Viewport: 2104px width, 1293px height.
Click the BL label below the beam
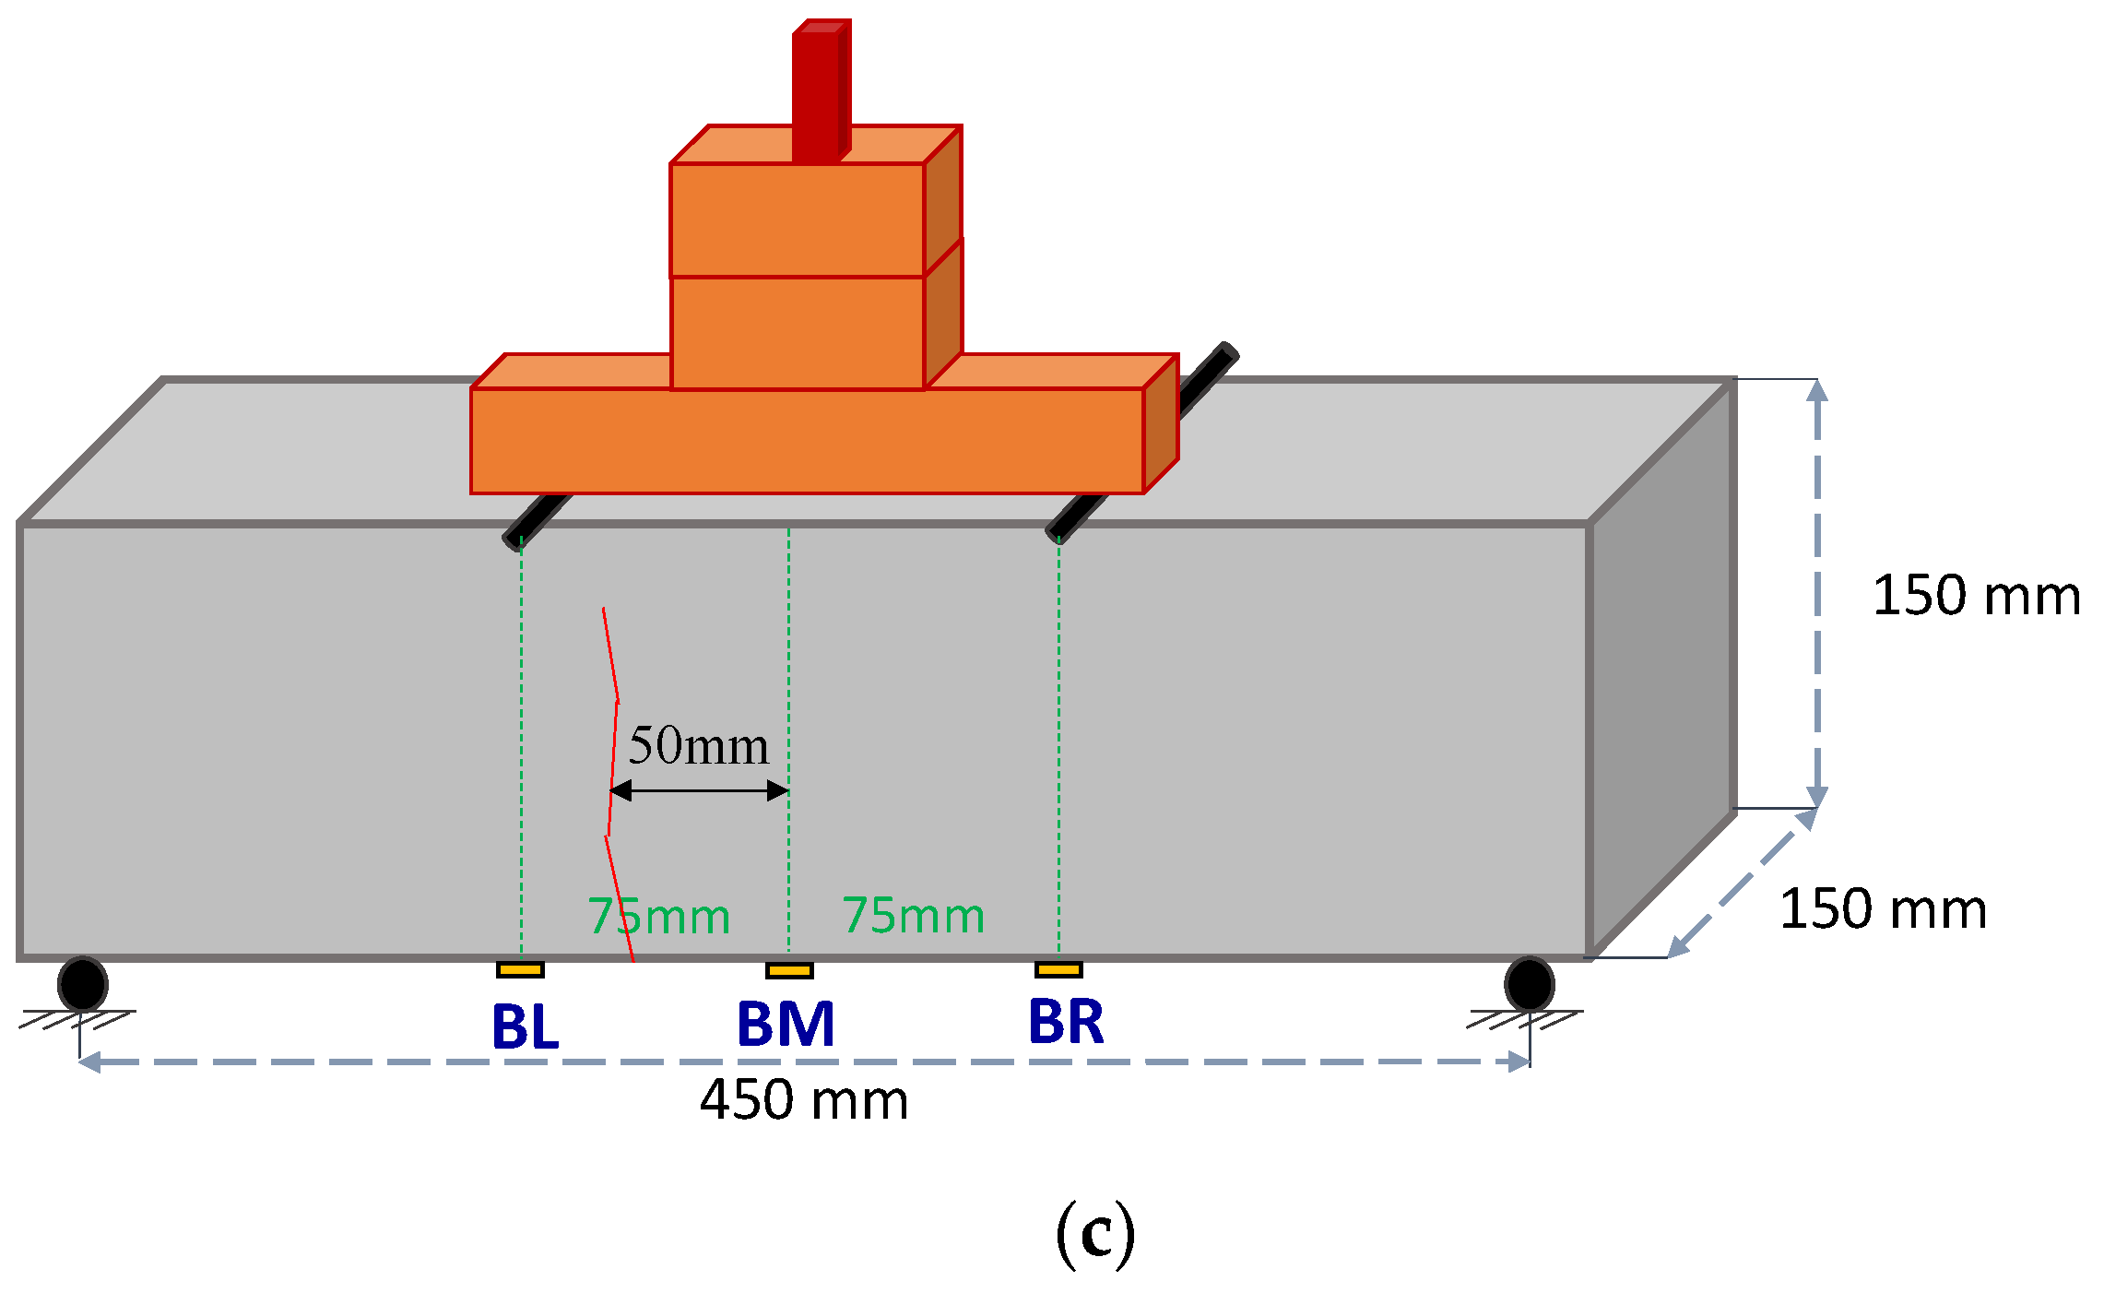tap(525, 1026)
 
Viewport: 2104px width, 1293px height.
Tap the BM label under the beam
tap(786, 1025)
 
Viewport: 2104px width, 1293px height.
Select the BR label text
tap(1066, 1022)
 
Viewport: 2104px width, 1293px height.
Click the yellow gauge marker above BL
tap(520, 969)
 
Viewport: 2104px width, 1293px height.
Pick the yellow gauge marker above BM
tap(789, 970)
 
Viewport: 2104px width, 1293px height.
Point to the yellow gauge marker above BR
tap(1058, 969)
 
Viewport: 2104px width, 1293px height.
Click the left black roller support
tap(83, 984)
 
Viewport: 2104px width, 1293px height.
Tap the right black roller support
tap(1529, 984)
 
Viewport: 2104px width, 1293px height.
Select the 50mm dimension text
tap(698, 745)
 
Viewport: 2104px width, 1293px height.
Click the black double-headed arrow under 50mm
tap(699, 790)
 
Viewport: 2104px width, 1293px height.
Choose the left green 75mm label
tap(659, 916)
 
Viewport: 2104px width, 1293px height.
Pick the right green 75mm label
tap(913, 915)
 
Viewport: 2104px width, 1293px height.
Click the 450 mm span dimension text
tap(804, 1100)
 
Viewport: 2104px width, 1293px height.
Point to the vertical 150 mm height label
tap(1976, 596)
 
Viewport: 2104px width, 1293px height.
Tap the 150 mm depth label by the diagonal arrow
tap(1883, 909)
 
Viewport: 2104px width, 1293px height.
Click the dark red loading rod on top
tap(817, 92)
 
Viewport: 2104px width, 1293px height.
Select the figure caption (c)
tap(1094, 1234)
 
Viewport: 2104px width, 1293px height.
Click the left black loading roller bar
tap(538, 521)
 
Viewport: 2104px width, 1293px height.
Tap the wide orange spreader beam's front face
tap(807, 441)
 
